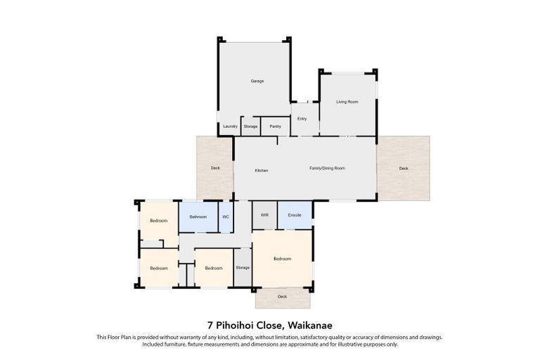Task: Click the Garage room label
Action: tap(257, 82)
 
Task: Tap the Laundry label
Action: tap(230, 127)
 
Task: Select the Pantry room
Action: tap(276, 127)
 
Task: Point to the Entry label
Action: tap(302, 119)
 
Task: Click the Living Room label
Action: tap(347, 102)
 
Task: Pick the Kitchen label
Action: tap(262, 171)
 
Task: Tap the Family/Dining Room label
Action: tap(328, 169)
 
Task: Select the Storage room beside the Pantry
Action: tap(251, 127)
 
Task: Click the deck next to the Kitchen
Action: tap(215, 168)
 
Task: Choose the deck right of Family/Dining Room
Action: tap(403, 168)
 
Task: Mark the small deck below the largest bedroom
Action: tap(282, 297)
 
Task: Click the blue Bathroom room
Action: tap(198, 217)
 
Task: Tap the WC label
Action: tap(226, 217)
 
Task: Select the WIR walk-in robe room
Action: tap(264, 214)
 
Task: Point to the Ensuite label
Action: tap(295, 214)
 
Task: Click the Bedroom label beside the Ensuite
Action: tap(282, 259)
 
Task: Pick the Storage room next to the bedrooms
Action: tap(243, 268)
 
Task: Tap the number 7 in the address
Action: tap(210, 325)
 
